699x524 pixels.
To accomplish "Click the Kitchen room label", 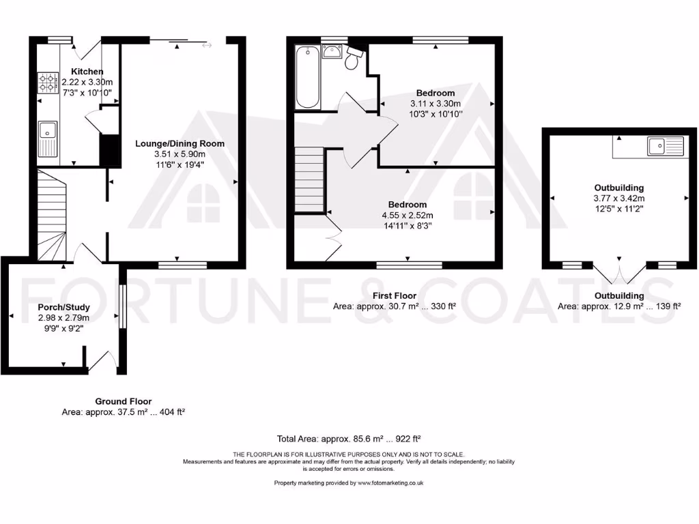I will pyautogui.click(x=87, y=72).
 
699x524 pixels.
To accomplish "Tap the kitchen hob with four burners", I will pyautogui.click(x=47, y=83).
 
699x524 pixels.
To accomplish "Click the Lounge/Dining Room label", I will pyautogui.click(x=180, y=143).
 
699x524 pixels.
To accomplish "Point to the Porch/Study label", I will pyautogui.click(x=63, y=307).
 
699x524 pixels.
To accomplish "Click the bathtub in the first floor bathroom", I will pyautogui.click(x=308, y=76).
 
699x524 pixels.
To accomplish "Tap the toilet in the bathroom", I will pyautogui.click(x=352, y=60).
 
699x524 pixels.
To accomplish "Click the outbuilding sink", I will pyautogui.click(x=658, y=144).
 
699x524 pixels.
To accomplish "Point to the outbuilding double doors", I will pyautogui.click(x=619, y=273).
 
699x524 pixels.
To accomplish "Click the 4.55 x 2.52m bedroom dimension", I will pyautogui.click(x=408, y=216).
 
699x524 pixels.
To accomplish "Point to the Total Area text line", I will pyautogui.click(x=352, y=439).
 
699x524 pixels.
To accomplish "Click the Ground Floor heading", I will pyautogui.click(x=124, y=401).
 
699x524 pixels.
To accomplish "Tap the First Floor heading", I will pyautogui.click(x=395, y=295).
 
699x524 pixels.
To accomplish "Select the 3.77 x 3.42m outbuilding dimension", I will pyautogui.click(x=619, y=199).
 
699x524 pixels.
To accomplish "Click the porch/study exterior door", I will pyautogui.click(x=101, y=360).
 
